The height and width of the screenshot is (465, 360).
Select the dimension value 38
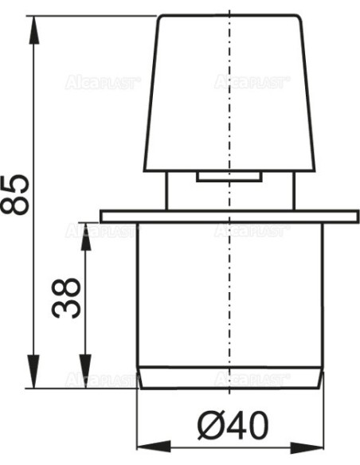[x=68, y=297]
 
